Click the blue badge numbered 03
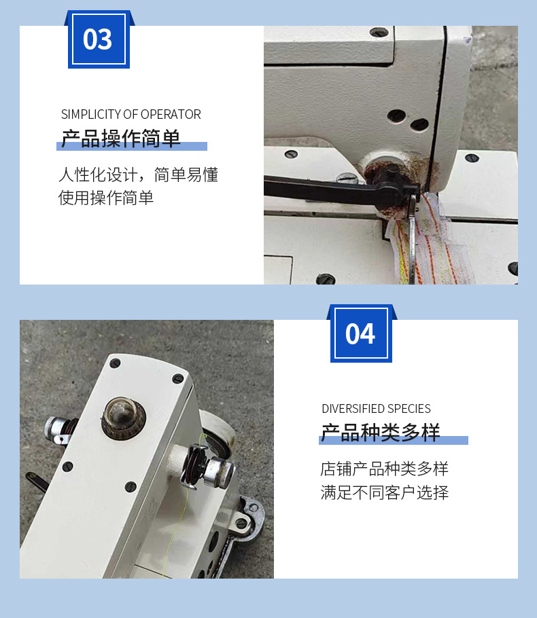coord(99,39)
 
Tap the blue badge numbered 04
coord(361,333)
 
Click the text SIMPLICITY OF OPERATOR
coord(131,114)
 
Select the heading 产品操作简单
coord(121,139)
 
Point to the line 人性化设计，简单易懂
coord(138,175)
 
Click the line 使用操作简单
coord(106,198)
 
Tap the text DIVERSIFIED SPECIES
coord(376,409)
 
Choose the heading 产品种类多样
coord(381,433)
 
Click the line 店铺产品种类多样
coord(384,469)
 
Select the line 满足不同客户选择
coord(384,492)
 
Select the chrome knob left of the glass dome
coord(59,431)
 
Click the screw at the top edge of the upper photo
coord(379,32)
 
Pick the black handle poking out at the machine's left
coord(37,481)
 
